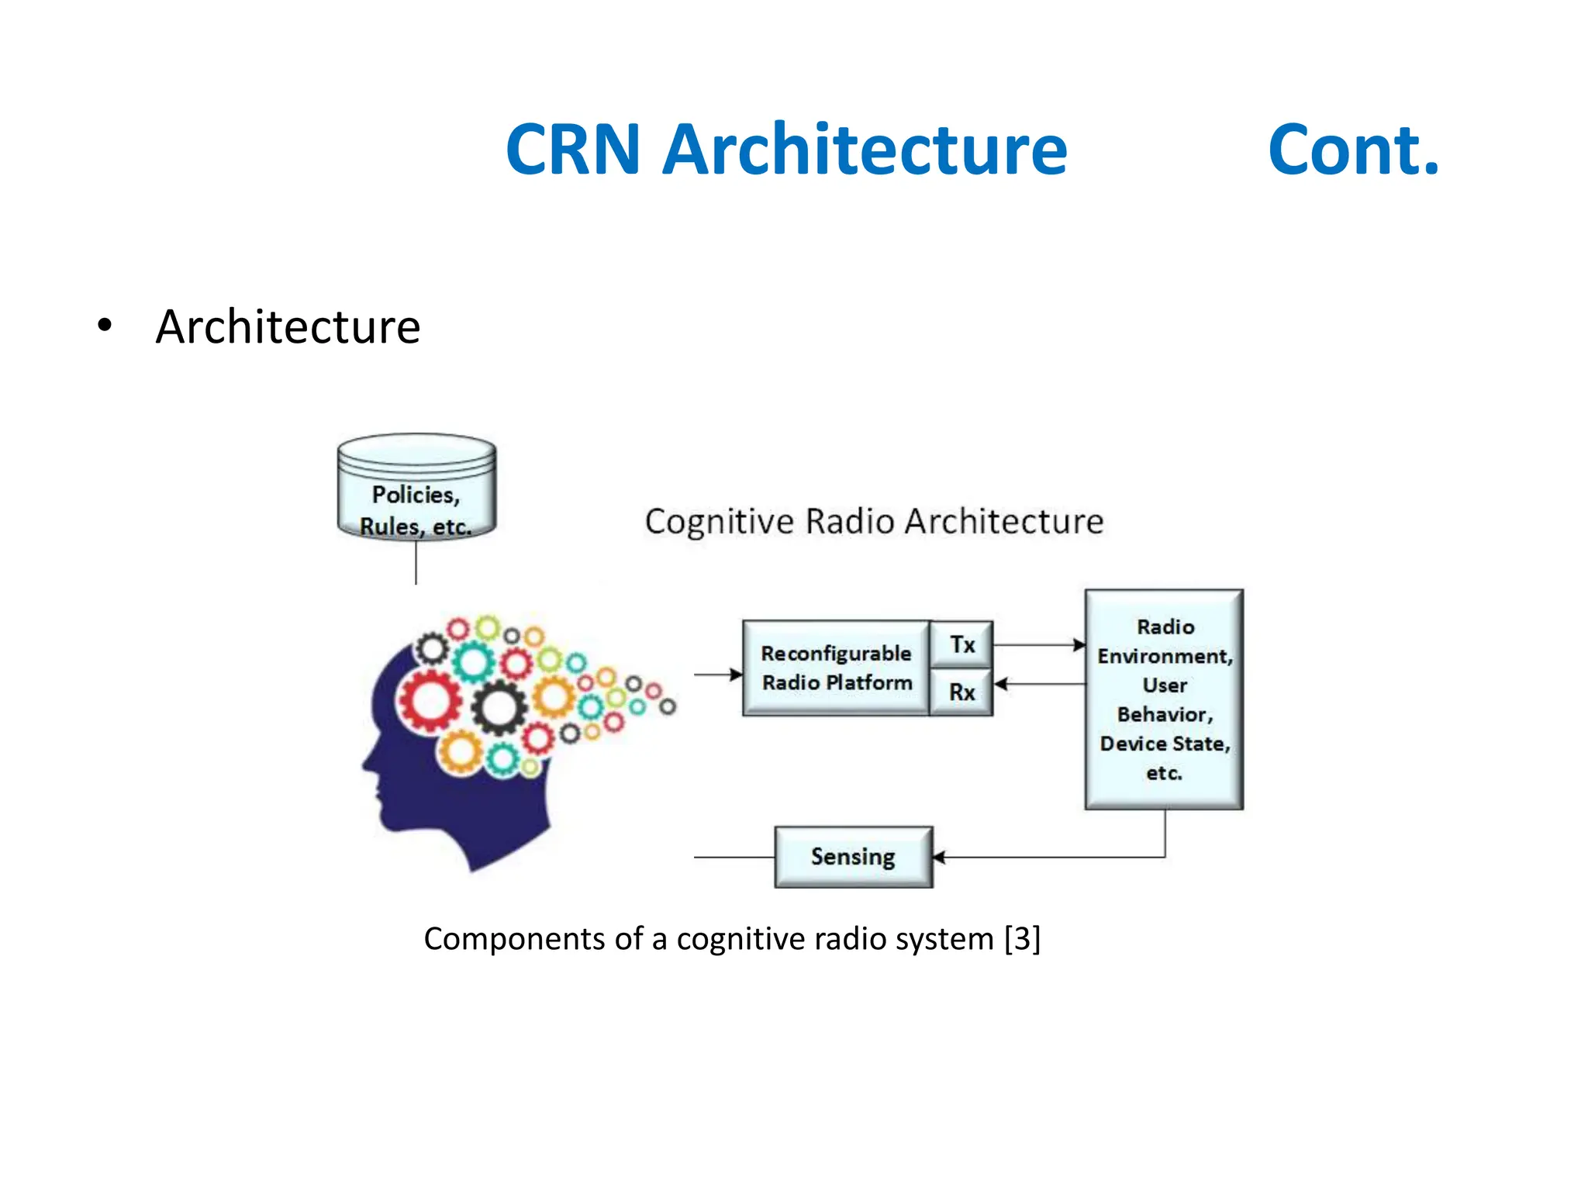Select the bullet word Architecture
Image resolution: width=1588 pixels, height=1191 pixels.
point(288,326)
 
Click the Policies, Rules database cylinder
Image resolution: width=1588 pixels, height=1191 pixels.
point(416,487)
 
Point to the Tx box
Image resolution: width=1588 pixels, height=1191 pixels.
point(961,644)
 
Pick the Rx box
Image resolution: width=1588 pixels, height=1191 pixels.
point(961,692)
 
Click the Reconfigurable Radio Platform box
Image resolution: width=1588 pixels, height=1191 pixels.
point(836,668)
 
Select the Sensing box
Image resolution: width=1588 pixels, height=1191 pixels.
point(853,857)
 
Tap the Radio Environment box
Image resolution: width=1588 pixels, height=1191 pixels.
point(1164,699)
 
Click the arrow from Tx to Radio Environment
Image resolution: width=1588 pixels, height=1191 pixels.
point(1039,644)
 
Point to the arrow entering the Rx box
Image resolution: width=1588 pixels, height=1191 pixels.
point(1039,684)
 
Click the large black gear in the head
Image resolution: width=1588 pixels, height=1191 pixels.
point(499,707)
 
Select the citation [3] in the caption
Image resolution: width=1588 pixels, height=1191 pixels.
point(1021,939)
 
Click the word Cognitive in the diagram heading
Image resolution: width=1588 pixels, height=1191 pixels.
point(719,522)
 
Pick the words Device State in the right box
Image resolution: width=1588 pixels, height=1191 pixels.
point(1164,744)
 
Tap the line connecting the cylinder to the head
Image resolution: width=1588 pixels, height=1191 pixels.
point(416,561)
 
